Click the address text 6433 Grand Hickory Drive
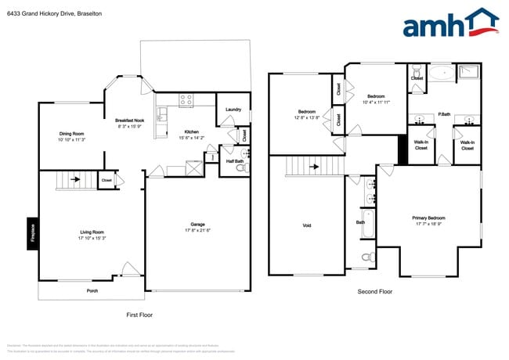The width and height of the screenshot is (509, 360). pos(40,14)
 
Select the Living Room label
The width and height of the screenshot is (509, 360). pos(92,232)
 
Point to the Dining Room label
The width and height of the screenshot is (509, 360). pos(71,134)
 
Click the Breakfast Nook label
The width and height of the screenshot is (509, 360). pos(130,121)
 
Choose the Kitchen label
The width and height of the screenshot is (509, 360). pos(192,131)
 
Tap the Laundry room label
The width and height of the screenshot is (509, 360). pos(233,110)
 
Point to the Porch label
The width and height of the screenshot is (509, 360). pos(92,290)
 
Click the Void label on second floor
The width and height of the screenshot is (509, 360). pos(306,225)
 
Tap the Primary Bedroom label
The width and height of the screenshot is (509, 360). pos(429,218)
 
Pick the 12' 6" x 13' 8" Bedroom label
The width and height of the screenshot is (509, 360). pos(305,113)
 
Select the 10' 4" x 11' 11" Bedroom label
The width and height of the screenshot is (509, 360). pos(376,98)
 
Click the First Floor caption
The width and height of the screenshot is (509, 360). pos(139,315)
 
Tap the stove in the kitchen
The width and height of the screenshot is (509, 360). pos(186,99)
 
